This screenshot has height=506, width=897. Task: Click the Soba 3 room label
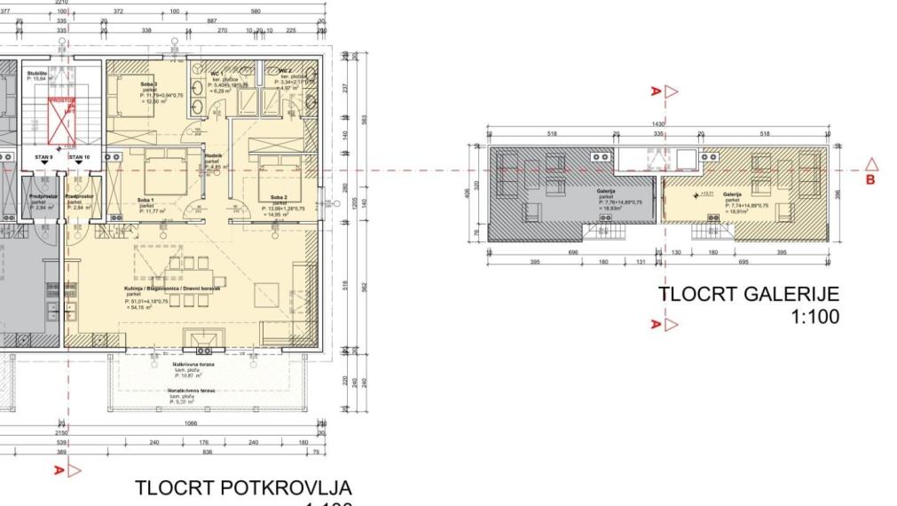coord(148,83)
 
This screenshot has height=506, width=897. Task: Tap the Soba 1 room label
coord(146,201)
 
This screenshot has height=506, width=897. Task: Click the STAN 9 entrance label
coord(43,157)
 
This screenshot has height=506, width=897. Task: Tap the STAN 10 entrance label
coord(80,157)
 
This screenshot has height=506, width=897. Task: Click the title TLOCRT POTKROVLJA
coord(243,488)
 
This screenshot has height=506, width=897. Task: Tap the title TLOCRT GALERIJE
coord(748,295)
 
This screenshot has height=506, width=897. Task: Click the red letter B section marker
coord(870,178)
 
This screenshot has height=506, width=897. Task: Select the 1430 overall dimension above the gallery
coord(658,123)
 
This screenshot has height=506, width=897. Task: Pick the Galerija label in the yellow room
coord(732,194)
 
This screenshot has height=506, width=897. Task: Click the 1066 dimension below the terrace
coord(192,425)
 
